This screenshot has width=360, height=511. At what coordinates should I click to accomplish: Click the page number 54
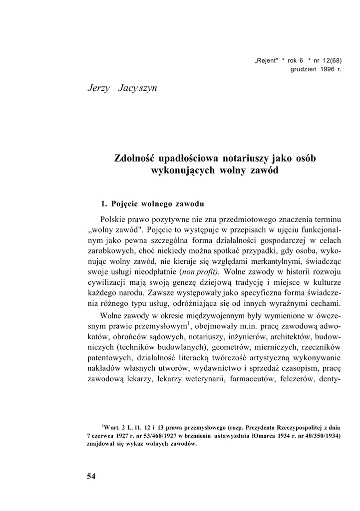90,476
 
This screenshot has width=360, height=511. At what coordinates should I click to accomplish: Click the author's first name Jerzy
98,89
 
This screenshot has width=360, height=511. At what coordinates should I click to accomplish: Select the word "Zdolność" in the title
134,159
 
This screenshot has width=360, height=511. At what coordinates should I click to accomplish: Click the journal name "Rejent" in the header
266,60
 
